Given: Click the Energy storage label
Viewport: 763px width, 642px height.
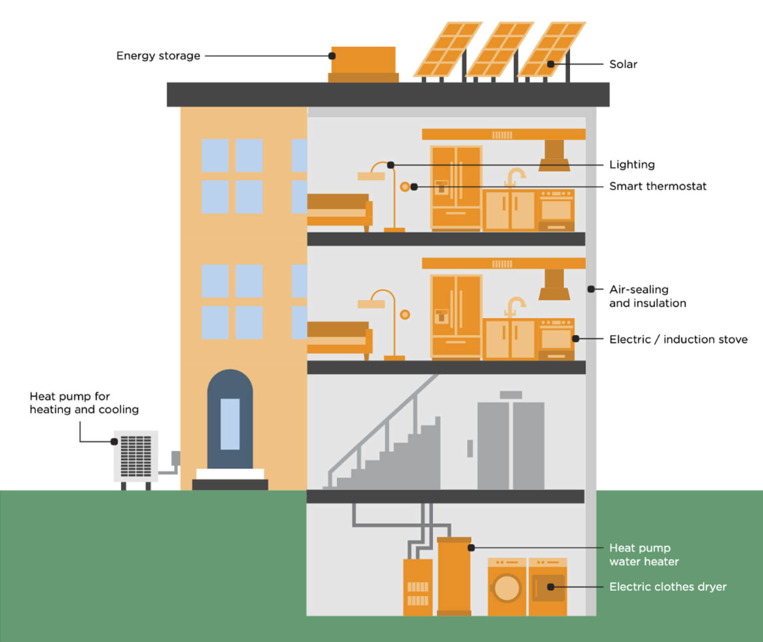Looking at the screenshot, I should (158, 56).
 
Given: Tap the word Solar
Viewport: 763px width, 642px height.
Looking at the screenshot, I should (623, 64).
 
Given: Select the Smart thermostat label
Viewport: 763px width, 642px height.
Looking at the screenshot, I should (657, 186).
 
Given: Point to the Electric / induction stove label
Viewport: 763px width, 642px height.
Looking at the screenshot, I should (678, 339).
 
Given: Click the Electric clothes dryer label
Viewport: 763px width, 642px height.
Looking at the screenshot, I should (668, 587).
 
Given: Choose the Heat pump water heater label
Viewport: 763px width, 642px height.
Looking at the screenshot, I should (644, 555).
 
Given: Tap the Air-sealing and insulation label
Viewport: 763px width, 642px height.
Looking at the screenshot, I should (647, 296).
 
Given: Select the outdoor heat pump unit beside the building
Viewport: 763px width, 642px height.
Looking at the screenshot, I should (136, 456).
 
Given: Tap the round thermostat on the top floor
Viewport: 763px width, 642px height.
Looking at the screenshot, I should (405, 187).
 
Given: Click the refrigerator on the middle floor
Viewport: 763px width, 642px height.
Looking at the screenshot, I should (456, 316).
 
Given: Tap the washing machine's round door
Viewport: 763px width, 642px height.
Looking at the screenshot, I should (506, 588).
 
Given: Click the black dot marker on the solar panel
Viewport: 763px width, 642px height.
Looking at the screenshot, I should (550, 64).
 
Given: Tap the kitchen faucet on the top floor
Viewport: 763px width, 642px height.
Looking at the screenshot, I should (514, 176).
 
